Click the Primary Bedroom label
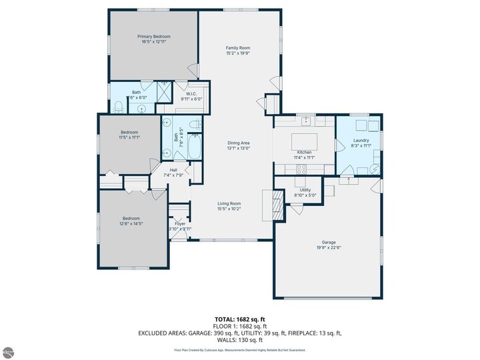click(153, 36)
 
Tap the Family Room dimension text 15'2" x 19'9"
click(237, 53)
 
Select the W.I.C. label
click(191, 93)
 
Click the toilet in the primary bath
click(117, 105)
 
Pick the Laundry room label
click(361, 140)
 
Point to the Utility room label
click(305, 190)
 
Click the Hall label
click(173, 170)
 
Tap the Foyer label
click(180, 223)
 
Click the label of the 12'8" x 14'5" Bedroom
click(132, 218)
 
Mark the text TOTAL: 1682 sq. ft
click(240, 319)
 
